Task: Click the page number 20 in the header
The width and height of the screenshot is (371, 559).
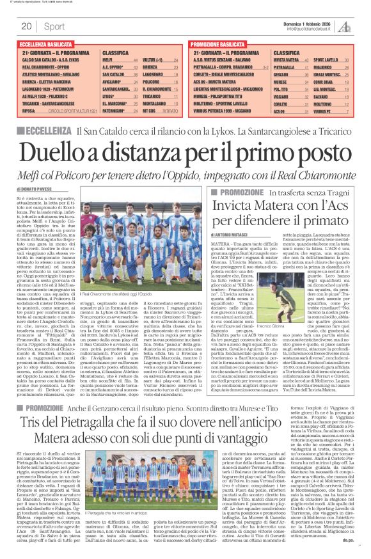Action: click(x=26, y=26)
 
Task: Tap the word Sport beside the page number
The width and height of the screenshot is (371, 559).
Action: click(x=54, y=26)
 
